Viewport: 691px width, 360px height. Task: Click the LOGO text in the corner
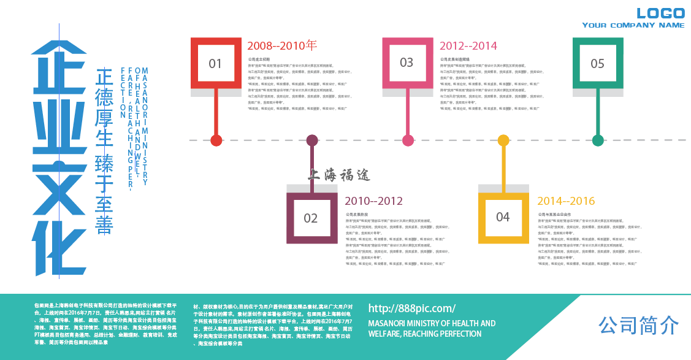(660, 13)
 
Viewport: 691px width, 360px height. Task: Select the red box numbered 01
(215, 63)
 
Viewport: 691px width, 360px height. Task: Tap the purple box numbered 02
(311, 218)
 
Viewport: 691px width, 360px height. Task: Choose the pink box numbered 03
(407, 63)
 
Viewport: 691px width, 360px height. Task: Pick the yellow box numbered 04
(503, 217)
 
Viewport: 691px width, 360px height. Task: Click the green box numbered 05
(598, 63)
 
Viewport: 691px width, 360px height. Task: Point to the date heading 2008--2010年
(282, 45)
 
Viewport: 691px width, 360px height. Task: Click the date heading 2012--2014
(468, 45)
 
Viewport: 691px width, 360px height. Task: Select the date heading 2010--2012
(373, 201)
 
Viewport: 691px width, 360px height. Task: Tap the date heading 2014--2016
(566, 201)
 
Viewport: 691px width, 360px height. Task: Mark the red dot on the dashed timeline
(216, 140)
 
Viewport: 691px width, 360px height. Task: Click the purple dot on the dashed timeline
(312, 140)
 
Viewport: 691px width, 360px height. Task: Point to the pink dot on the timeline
(408, 140)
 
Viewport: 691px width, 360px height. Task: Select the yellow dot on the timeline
(503, 140)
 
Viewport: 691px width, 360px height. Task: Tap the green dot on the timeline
(598, 140)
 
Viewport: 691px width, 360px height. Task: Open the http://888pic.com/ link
(411, 308)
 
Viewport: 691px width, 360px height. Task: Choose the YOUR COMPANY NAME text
(633, 25)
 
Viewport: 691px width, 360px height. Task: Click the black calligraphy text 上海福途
(340, 176)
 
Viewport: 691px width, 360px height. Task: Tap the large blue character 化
(58, 245)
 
